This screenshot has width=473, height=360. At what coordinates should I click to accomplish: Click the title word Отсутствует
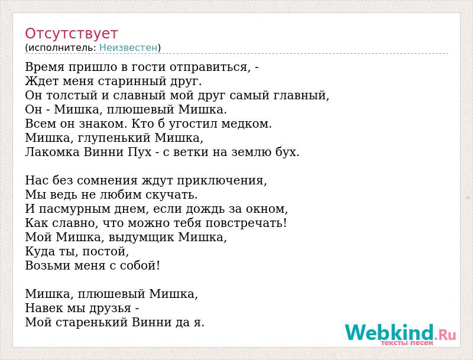(x=71, y=34)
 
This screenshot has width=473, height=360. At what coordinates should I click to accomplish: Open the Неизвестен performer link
(x=128, y=48)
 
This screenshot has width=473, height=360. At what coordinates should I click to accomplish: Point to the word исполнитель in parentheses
(x=62, y=48)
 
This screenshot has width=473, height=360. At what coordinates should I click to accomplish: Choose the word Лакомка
(x=52, y=152)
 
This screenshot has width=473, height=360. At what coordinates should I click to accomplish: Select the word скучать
(x=171, y=195)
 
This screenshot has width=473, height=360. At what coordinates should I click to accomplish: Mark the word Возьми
(x=48, y=265)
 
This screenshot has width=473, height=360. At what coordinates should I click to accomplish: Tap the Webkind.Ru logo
(x=401, y=335)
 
